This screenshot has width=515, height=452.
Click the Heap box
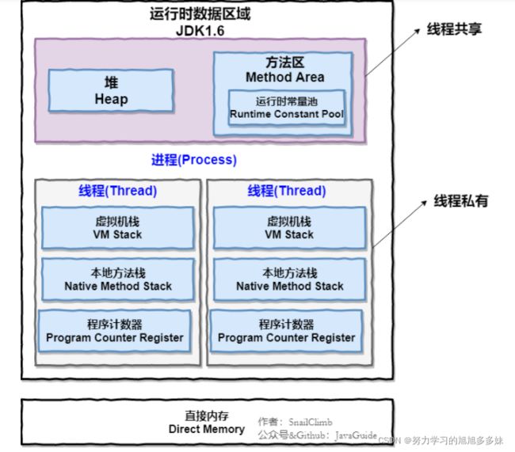[111, 90]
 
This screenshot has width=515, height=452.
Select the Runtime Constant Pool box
[287, 108]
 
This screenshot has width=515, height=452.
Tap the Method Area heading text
[284, 78]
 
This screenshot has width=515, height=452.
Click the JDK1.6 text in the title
[200, 31]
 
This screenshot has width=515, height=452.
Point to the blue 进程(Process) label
[194, 160]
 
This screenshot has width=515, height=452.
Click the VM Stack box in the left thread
[117, 228]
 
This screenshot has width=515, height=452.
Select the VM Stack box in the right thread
[289, 228]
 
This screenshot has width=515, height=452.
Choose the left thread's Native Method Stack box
[117, 279]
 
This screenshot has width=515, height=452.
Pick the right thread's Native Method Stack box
[289, 279]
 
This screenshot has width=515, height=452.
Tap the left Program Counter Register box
[114, 331]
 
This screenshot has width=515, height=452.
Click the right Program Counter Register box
[286, 331]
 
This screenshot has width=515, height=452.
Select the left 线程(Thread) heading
[117, 191]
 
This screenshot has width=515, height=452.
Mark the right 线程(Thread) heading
[286, 191]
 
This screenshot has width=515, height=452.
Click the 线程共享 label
[454, 29]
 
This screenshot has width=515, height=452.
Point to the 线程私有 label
[461, 201]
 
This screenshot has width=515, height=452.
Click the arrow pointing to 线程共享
[393, 52]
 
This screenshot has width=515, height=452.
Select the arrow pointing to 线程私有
[399, 223]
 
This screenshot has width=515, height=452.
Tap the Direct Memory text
[207, 429]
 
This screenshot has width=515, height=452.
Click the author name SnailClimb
[311, 422]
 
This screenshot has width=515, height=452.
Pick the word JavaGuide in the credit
[356, 435]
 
